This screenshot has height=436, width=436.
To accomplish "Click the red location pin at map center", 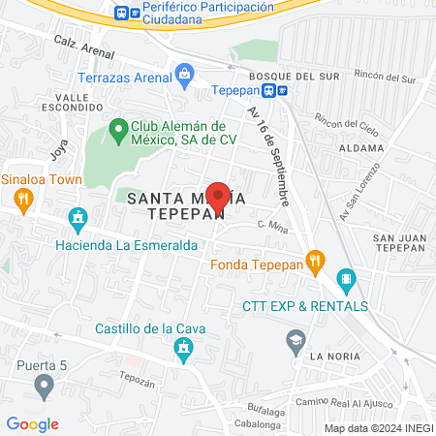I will click(x=218, y=197).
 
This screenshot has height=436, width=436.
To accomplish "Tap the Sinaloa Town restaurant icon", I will click(x=24, y=199).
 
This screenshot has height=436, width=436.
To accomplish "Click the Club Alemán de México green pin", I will click(x=119, y=128).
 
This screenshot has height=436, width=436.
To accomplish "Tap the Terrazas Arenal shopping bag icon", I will click(x=184, y=73).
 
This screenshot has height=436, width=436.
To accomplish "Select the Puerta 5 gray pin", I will click(x=44, y=388).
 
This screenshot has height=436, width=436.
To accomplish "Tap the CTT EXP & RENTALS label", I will click(x=305, y=306).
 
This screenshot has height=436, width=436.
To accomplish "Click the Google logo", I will click(x=33, y=423).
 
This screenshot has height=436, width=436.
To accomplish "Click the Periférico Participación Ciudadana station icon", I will click(x=121, y=13).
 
